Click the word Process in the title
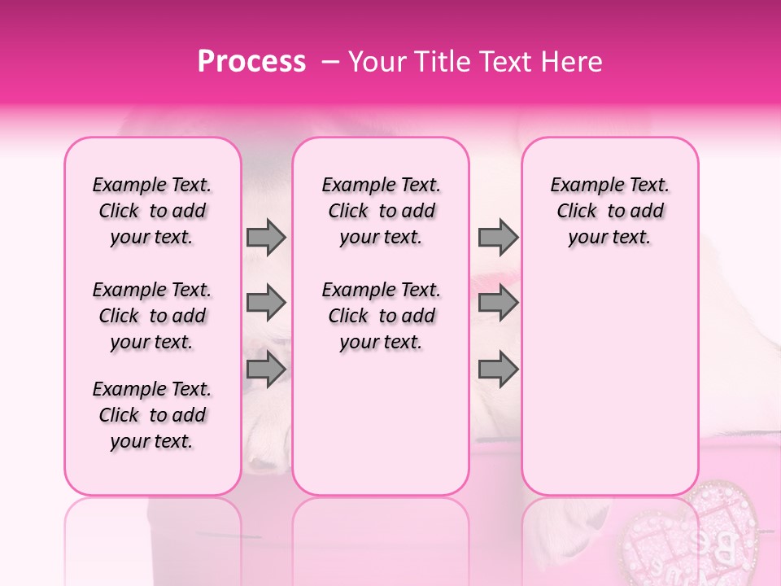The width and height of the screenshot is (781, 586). (x=251, y=62)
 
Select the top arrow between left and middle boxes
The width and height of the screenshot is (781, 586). (x=266, y=238)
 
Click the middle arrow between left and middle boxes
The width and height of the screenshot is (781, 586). (x=266, y=303)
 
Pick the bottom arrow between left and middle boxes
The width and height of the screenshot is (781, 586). (x=266, y=369)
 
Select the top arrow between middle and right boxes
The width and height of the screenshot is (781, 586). (x=498, y=238)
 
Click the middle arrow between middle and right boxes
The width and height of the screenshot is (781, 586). (x=498, y=303)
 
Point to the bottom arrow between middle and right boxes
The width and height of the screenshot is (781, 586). (x=498, y=369)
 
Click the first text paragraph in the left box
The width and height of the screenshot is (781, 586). (x=152, y=211)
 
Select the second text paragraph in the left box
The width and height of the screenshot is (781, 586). (x=152, y=316)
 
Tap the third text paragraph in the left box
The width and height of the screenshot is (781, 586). (x=152, y=415)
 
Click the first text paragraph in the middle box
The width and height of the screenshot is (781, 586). (x=382, y=211)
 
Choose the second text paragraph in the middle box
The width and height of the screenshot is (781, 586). (x=382, y=316)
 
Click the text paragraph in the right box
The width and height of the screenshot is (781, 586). (x=610, y=211)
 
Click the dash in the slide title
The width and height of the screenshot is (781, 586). (x=329, y=62)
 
